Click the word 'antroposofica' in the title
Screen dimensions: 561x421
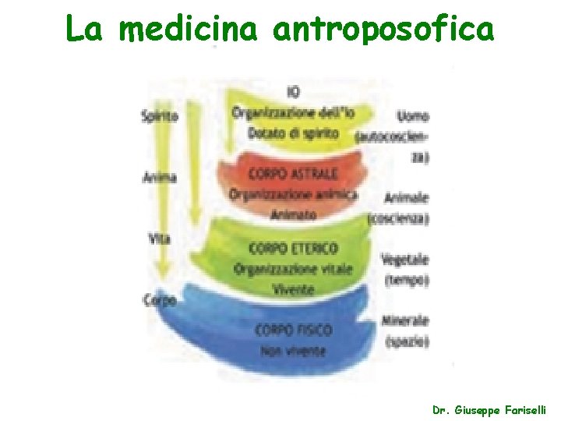point(383,29)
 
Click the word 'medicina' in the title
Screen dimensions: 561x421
point(192,29)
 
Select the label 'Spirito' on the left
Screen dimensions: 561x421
point(159,116)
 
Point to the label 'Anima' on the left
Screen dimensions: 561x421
point(159,177)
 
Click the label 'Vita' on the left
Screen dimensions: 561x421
point(159,239)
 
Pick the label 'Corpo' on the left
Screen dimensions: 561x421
point(159,299)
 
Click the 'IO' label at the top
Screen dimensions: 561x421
point(293,92)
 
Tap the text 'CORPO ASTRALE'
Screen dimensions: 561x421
point(293,173)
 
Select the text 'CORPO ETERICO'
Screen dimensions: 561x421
point(293,249)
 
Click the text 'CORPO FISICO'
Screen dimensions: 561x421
point(293,331)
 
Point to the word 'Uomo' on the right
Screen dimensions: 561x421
point(412,116)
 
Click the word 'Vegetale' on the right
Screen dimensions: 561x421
point(405,259)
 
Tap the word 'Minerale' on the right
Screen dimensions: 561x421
point(405,320)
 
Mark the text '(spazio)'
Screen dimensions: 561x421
point(407,341)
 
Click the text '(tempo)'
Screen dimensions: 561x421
point(407,279)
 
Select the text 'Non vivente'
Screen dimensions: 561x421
point(293,351)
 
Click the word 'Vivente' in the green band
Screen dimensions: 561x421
point(293,289)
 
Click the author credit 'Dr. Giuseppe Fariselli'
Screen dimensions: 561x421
point(489,409)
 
